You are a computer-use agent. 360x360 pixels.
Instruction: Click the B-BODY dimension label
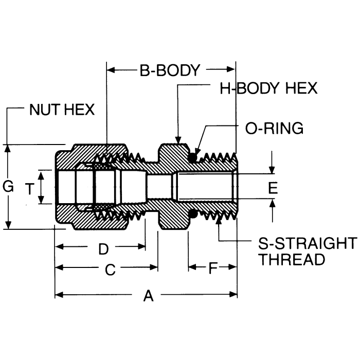pyautogui.click(x=169, y=70)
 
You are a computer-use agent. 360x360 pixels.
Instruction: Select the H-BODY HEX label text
pyautogui.click(x=268, y=88)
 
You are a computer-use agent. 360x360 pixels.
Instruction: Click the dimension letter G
pyautogui.click(x=8, y=188)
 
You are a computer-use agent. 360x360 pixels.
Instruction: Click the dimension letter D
pyautogui.click(x=103, y=249)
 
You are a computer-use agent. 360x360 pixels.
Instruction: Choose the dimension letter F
pyautogui.click(x=212, y=268)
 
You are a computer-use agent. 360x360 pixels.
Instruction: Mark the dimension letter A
pyautogui.click(x=149, y=296)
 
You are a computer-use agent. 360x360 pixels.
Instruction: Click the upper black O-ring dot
pyautogui.click(x=194, y=157)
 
